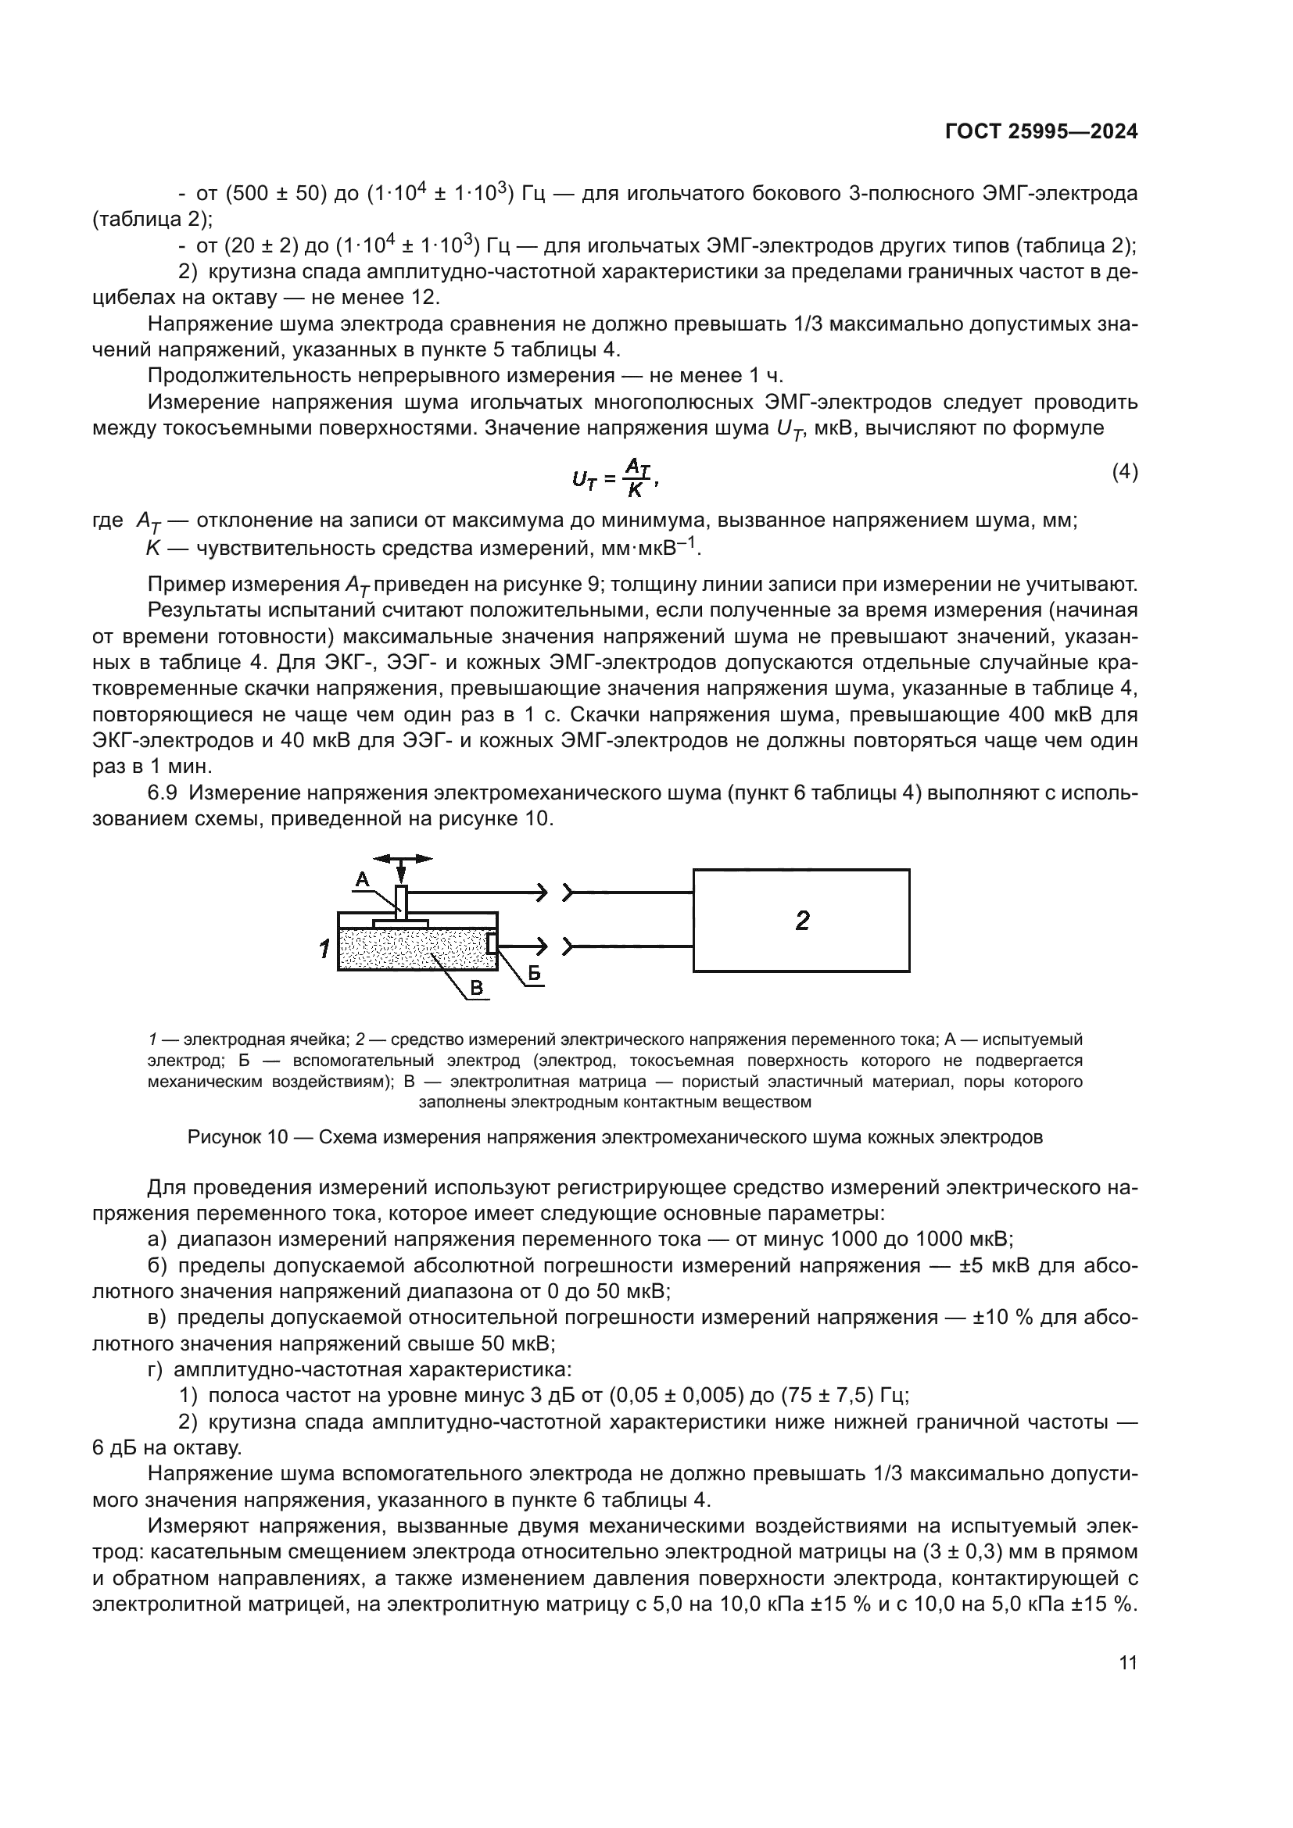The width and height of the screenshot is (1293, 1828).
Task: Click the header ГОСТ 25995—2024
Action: point(1040,132)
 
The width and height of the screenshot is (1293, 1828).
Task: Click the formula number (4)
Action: point(1124,472)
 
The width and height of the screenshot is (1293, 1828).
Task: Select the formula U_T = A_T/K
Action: point(614,478)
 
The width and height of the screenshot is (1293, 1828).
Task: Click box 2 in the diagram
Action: point(801,921)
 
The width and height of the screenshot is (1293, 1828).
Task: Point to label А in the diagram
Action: point(362,880)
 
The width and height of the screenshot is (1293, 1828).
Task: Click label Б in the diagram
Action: point(534,973)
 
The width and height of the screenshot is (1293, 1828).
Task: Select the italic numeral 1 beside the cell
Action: point(324,949)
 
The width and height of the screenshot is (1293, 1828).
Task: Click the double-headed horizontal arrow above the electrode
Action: point(402,859)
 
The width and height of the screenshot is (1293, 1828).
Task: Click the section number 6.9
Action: point(167,793)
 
